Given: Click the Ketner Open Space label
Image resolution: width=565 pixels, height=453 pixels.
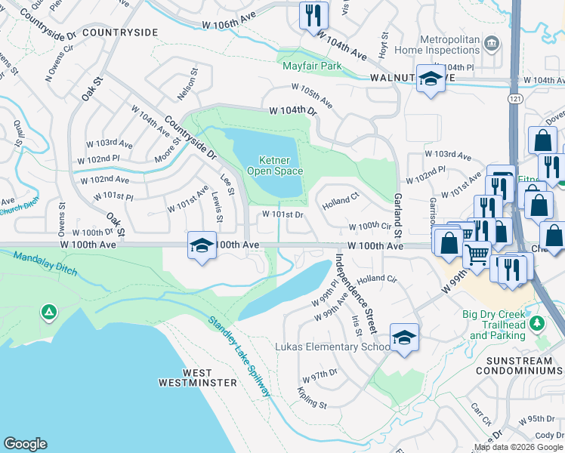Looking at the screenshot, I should pos(281,165).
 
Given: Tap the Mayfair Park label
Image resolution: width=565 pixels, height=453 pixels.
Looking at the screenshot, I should pos(312,66).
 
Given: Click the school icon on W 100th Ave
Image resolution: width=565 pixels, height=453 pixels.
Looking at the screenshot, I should pos(202,246).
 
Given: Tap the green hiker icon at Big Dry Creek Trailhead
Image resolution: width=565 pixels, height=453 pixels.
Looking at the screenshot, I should pos(537,323).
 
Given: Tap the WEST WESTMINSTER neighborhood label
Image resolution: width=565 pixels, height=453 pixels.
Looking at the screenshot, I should pos(187,377).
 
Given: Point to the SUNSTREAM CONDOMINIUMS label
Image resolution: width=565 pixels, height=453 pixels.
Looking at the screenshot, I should pos(514,365).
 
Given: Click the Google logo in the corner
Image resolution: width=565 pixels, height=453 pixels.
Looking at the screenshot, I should pos(25,444).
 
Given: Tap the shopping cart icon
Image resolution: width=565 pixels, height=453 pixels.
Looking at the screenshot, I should pos(476,256).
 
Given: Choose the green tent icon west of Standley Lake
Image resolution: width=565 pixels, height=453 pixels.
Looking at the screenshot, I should pos(48,311).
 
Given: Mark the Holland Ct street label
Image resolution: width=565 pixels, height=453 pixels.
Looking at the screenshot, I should pos(340,201).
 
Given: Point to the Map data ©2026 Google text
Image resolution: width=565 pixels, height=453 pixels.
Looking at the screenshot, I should pos(518,447).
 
